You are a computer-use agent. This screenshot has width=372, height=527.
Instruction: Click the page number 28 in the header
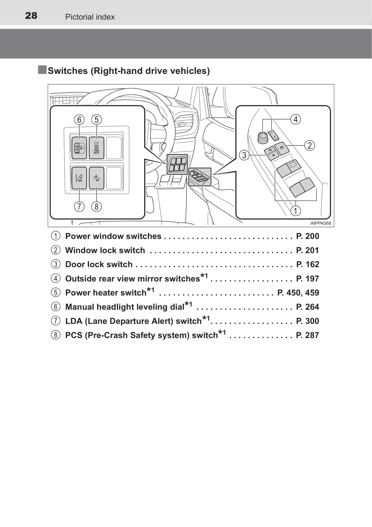31,16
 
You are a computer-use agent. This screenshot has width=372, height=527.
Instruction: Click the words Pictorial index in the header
90,17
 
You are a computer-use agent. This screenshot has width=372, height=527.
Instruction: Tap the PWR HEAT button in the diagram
97,148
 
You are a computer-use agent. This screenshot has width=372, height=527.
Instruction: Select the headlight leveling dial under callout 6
79,148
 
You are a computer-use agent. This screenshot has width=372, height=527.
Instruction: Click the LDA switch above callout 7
79,178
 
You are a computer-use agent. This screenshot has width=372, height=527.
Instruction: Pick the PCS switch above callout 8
97,178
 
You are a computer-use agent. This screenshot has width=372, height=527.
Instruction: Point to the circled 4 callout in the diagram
295,119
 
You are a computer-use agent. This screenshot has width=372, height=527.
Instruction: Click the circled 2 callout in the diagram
309,145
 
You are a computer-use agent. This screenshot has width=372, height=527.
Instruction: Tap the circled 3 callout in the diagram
244,155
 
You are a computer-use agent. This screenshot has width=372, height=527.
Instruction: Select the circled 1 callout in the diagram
295,211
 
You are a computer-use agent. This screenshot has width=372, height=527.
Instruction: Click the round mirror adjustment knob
262,137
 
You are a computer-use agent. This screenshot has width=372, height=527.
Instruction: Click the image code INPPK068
321,223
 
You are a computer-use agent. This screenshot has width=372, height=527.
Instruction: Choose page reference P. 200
308,236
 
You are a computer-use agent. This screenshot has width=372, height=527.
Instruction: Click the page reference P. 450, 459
298,293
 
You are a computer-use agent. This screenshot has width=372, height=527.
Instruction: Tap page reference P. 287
308,335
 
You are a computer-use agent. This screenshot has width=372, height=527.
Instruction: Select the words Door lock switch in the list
99,264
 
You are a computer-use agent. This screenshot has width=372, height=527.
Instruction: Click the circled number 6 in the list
56,307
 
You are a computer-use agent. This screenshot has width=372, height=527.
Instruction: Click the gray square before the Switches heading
42,70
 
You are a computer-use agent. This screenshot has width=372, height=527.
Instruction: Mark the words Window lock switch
105,250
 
